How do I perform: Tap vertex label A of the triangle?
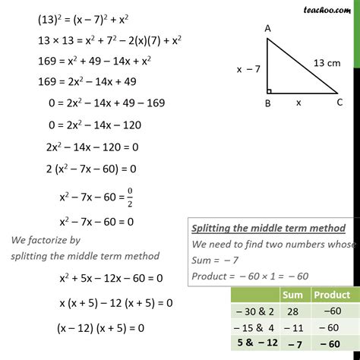[268, 29]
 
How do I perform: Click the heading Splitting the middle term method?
[269, 228]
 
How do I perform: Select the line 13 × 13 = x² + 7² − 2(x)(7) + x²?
[114, 41]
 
